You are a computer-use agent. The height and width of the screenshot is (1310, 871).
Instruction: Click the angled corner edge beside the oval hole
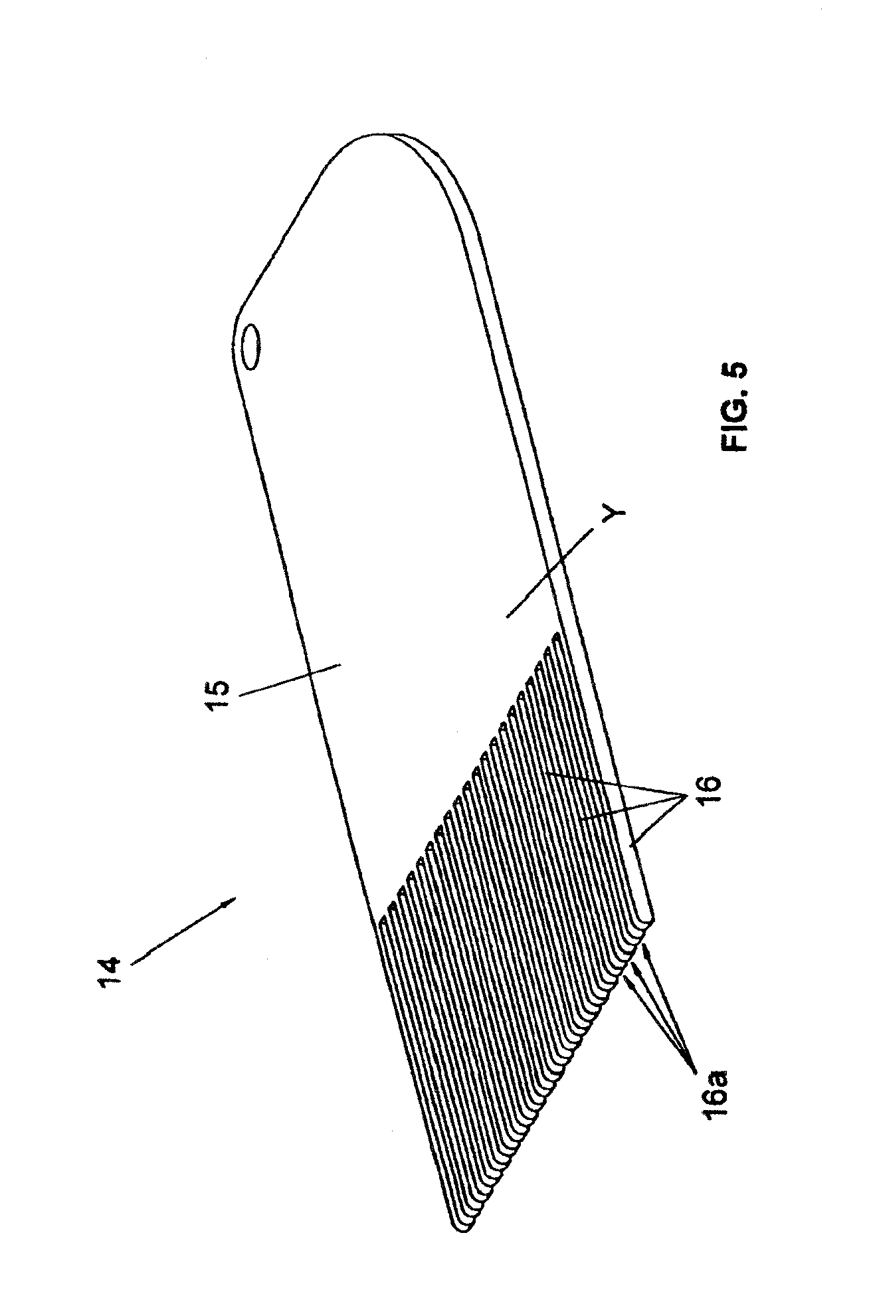coord(279,246)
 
